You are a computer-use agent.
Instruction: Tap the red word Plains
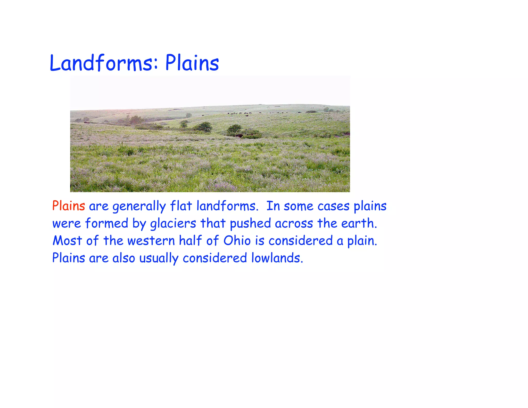click(69, 206)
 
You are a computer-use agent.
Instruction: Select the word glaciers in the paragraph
click(173, 223)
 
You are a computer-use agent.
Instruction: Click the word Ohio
click(237, 241)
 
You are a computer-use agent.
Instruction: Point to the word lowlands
click(277, 258)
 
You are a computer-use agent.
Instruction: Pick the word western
click(151, 241)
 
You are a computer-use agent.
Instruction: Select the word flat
click(181, 206)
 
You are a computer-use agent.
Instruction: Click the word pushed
click(250, 223)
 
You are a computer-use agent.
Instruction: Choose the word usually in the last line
click(159, 258)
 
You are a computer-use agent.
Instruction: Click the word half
click(190, 240)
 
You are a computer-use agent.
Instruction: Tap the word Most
click(67, 241)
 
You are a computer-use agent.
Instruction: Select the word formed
click(107, 223)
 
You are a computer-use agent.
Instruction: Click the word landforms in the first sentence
click(227, 206)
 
